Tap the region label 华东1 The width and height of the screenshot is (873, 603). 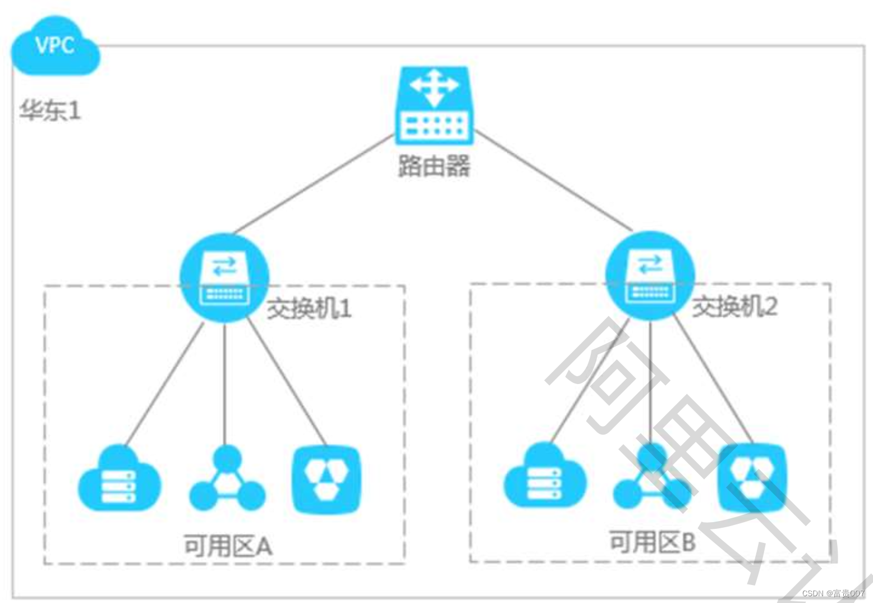click(x=50, y=110)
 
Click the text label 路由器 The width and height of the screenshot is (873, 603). click(x=434, y=166)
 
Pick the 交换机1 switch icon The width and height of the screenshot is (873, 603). click(x=224, y=278)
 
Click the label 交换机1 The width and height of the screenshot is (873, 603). click(x=309, y=308)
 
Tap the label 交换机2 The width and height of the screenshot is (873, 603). click(x=734, y=307)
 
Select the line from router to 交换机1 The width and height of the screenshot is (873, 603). click(x=314, y=184)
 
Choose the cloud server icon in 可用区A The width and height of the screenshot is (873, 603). click(x=119, y=479)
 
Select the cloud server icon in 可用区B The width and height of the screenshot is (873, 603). click(x=545, y=477)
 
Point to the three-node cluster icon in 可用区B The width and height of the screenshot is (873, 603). click(x=652, y=477)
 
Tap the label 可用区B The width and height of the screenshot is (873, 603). click(x=653, y=542)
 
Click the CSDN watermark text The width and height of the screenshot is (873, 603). click(x=833, y=593)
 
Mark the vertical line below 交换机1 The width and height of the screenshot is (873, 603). click(x=224, y=382)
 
